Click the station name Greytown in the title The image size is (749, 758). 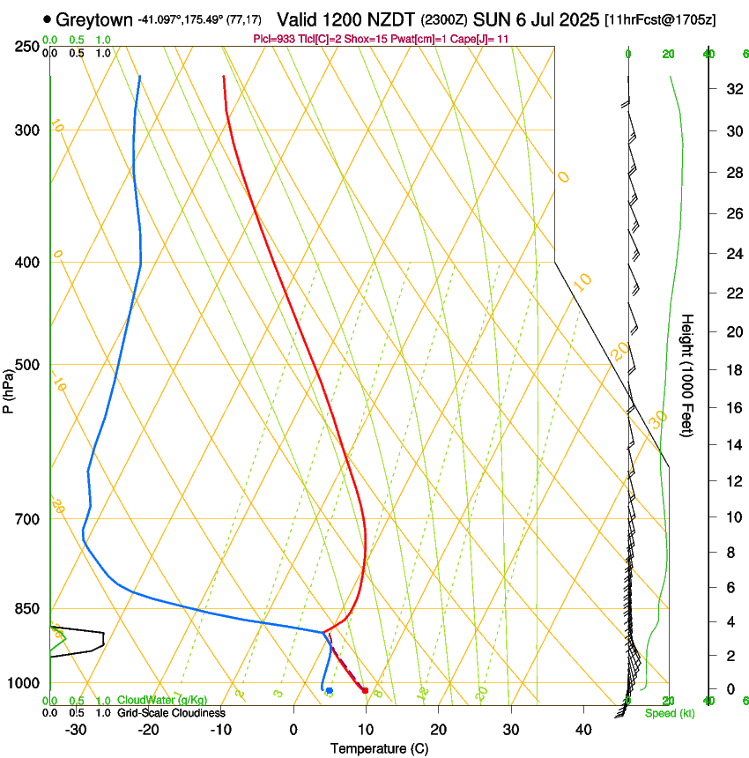[98, 19]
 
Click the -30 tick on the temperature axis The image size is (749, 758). [76, 730]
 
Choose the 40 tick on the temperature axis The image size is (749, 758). [582, 730]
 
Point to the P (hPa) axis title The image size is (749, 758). [9, 389]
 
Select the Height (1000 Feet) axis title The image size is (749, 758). [688, 375]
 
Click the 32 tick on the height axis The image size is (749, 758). [731, 88]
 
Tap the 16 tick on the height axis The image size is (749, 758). [731, 408]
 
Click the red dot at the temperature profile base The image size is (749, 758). [365, 690]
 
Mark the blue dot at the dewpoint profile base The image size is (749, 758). [329, 690]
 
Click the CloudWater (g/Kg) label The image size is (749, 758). [162, 700]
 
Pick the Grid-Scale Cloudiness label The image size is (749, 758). [171, 712]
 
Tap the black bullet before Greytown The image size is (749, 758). [47, 19]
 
